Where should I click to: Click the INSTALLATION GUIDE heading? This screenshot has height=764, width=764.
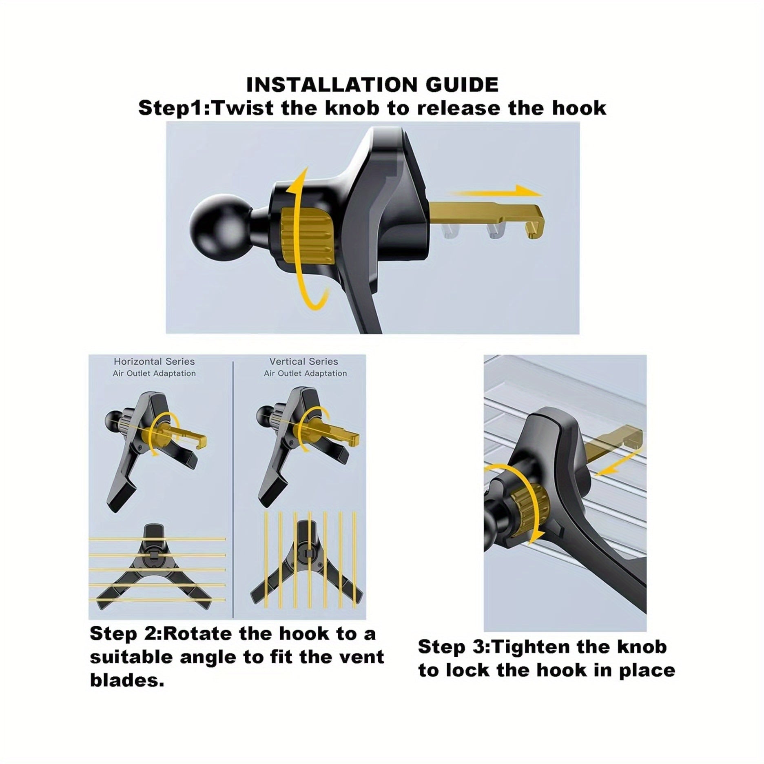point(372,85)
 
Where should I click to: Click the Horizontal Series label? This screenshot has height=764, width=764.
point(154,361)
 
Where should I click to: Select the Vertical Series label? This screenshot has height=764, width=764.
point(304,361)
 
